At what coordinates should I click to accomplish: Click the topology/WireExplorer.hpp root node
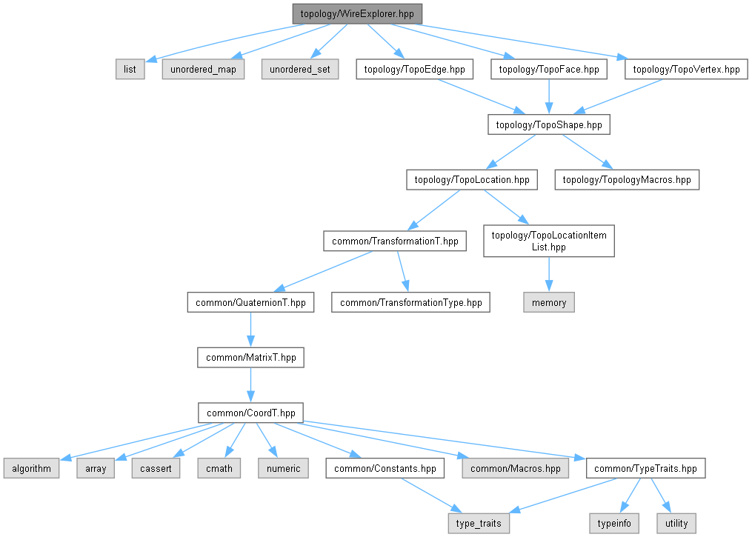coord(357,13)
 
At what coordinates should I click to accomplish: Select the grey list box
coord(130,70)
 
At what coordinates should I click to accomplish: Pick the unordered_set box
coord(299,70)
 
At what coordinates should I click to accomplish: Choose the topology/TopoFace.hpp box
coord(548,70)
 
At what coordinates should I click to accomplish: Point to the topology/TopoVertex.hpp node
coord(686,70)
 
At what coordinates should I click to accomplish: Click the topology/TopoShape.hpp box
coord(548,124)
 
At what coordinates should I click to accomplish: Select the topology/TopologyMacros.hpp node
coord(627,179)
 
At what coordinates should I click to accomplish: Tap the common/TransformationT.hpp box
coord(395,241)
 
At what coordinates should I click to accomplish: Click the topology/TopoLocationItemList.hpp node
coord(548,241)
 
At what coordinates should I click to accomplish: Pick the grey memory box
coord(548,302)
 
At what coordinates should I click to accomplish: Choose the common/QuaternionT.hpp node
coord(250,302)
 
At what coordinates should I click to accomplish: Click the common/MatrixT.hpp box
coord(250,357)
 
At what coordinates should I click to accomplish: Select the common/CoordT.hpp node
coord(250,413)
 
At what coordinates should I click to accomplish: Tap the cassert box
coord(156,468)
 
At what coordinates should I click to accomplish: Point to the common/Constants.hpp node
coord(385,468)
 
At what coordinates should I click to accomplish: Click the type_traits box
coord(479,523)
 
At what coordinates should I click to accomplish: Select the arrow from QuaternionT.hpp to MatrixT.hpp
coord(250,330)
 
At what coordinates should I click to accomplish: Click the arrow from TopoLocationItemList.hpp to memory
coord(548,275)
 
